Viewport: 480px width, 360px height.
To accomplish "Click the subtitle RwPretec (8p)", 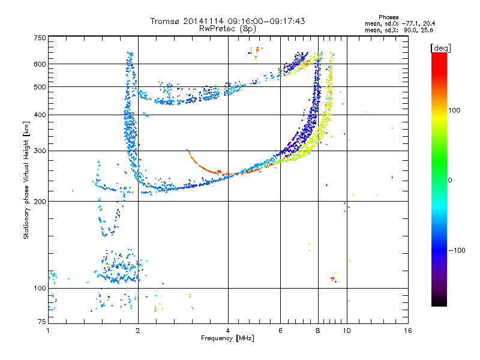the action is [x=227, y=29].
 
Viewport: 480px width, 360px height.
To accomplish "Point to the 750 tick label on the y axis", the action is [x=40, y=38].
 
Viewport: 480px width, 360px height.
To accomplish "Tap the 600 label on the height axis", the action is [x=40, y=64].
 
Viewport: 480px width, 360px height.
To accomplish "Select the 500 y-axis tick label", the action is [x=40, y=87].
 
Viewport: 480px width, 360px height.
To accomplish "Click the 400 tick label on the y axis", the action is [x=40, y=115].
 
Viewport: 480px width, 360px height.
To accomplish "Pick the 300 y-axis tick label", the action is [x=40, y=151].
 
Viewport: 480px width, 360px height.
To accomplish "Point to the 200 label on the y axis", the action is [x=40, y=202].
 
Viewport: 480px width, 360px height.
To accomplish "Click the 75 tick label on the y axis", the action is [x=42, y=322].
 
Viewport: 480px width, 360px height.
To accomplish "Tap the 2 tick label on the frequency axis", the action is [x=138, y=331].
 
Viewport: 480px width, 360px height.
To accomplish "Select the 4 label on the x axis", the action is [x=228, y=331].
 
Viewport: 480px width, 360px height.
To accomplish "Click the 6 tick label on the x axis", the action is [x=280, y=331].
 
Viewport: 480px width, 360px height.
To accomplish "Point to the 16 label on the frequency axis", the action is [x=408, y=331].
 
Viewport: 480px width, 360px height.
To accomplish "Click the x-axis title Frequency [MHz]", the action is [x=227, y=338].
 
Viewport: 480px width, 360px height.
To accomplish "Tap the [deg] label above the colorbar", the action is [x=440, y=48].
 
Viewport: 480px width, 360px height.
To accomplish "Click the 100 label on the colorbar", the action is [x=454, y=110].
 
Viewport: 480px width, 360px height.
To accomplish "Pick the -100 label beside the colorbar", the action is [x=457, y=250].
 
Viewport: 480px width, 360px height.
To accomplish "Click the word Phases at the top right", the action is [x=388, y=17].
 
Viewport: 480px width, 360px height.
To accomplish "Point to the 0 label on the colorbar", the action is [x=450, y=181].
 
